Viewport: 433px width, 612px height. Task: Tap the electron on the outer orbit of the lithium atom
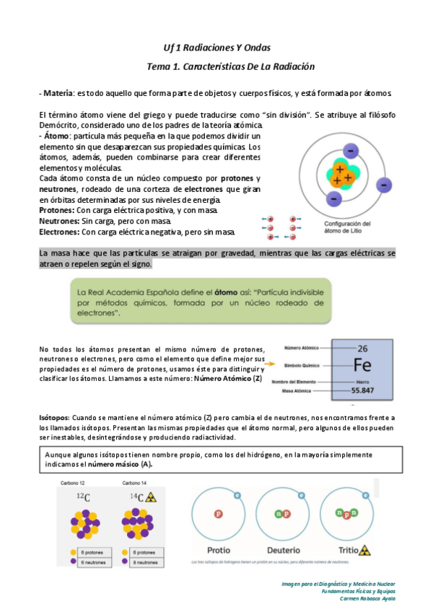(x=385, y=185)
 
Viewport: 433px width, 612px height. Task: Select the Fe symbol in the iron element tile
(x=362, y=363)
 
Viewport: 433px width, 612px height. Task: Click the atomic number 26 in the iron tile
(x=362, y=347)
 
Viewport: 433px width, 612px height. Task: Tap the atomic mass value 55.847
(x=362, y=390)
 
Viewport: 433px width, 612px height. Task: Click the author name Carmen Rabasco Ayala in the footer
(x=364, y=598)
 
